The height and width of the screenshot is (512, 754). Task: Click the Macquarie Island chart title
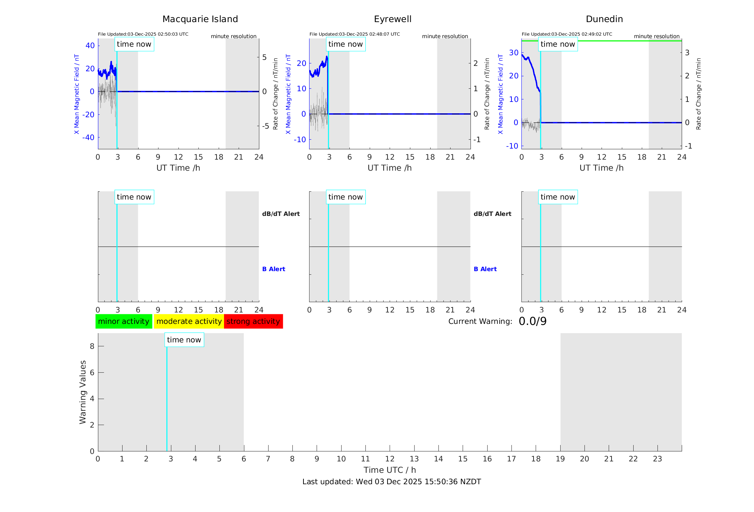200,19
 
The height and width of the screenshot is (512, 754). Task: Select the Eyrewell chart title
392,19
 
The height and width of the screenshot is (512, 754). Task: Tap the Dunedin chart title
604,19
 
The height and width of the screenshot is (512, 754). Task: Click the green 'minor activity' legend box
124,321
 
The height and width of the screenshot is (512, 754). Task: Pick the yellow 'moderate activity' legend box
189,321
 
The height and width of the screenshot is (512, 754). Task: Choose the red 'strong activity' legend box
253,321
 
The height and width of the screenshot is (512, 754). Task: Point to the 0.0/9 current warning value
532,321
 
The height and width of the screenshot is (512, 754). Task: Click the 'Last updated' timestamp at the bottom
391,482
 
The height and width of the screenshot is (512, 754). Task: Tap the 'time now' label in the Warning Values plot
184,340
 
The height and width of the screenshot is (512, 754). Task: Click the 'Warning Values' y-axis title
83,392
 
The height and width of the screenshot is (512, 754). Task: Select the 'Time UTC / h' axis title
390,470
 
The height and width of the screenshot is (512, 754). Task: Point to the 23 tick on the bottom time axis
657,459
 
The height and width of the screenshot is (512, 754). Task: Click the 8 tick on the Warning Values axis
92,346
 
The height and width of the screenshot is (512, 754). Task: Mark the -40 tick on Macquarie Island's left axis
88,138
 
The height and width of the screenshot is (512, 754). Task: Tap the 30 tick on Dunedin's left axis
514,53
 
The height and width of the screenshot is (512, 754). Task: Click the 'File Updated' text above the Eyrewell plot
354,34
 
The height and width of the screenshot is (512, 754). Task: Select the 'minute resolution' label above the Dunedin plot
656,36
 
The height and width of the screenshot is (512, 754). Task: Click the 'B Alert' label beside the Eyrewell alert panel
485,269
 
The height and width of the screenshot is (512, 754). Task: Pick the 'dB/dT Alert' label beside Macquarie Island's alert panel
281,214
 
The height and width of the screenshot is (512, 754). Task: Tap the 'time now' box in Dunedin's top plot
557,44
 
